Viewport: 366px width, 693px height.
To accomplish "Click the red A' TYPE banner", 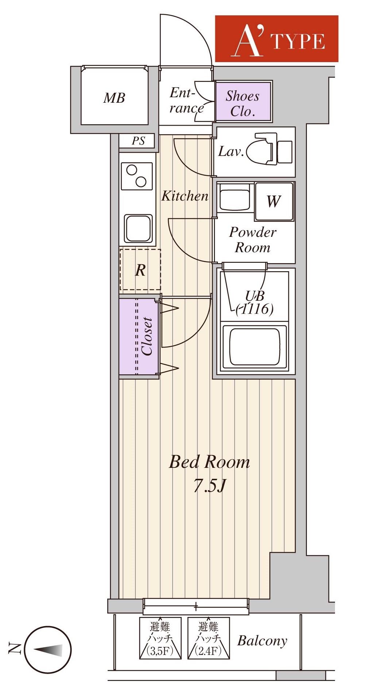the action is tap(277, 39).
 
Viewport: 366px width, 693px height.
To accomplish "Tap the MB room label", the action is tap(114, 98).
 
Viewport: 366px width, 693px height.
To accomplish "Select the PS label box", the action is tap(138, 141).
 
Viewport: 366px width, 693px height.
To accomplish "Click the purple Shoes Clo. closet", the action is tap(243, 102).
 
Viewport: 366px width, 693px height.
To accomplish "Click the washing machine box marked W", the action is tap(274, 201).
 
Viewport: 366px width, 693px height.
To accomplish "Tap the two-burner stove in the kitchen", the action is tap(136, 176).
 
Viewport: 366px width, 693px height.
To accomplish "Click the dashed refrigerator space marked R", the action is tap(140, 270).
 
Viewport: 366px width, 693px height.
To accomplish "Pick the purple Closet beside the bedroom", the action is tap(139, 336).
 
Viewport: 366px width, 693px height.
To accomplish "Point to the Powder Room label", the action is tap(253, 240).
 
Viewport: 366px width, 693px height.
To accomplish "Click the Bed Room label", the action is tap(209, 462).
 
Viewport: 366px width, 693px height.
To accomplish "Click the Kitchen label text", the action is tap(185, 196).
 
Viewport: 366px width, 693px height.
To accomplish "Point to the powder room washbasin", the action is tap(235, 197).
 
